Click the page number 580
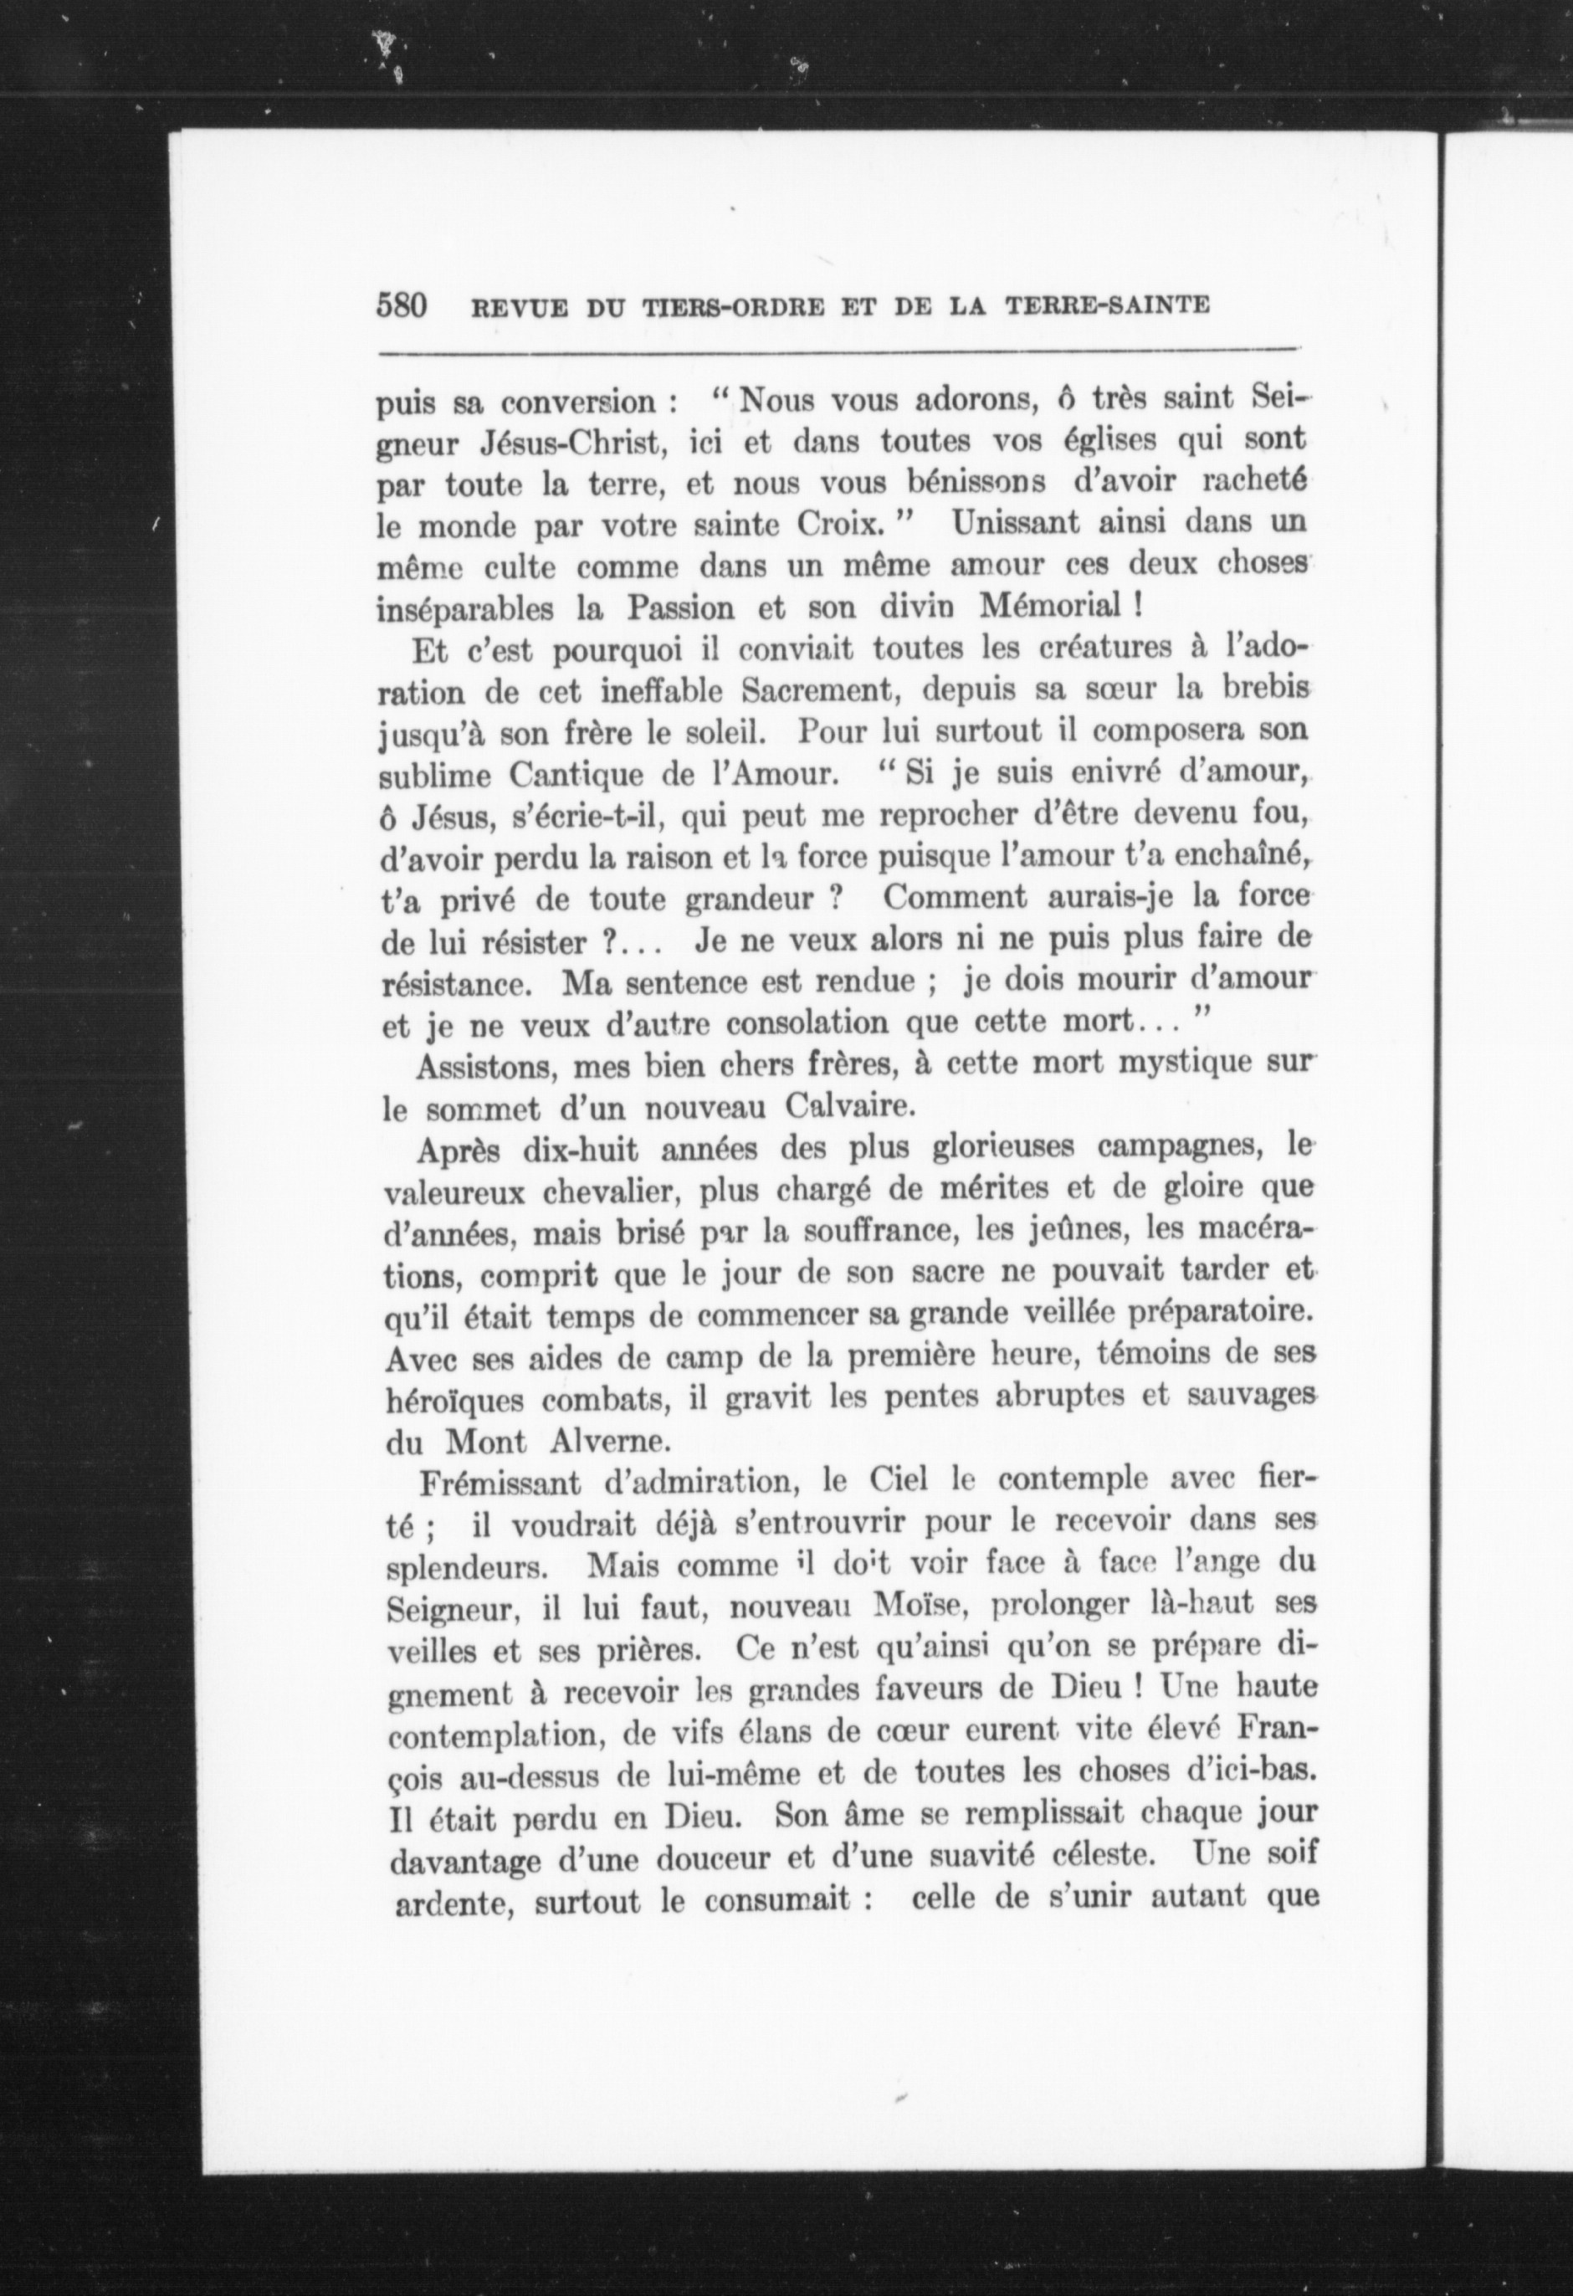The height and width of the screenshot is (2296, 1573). click(400, 305)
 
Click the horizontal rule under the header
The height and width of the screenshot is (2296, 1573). click(840, 351)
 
